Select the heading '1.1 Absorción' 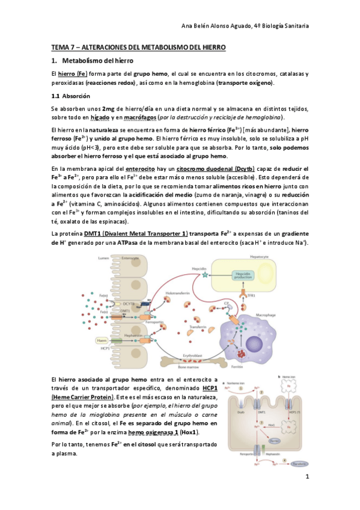(71, 97)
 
